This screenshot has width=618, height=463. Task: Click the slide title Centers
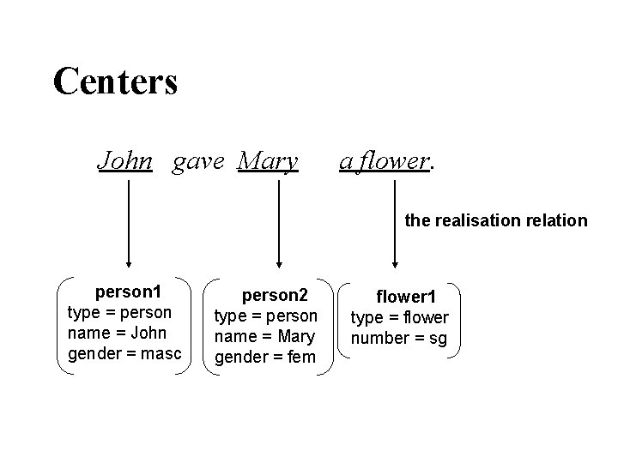click(115, 81)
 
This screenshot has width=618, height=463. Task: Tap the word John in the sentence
click(125, 160)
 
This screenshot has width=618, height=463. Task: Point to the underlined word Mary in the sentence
click(268, 160)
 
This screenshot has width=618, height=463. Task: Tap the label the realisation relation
click(496, 220)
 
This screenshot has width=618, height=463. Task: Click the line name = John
click(118, 333)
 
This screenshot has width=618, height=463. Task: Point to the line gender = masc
click(125, 353)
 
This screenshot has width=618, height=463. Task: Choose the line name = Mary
click(264, 337)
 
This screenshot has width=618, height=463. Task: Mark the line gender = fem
click(264, 357)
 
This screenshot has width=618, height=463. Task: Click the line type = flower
click(399, 318)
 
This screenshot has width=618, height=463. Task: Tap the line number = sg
click(399, 338)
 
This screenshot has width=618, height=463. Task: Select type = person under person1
click(119, 312)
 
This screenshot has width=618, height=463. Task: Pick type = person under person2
click(265, 316)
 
